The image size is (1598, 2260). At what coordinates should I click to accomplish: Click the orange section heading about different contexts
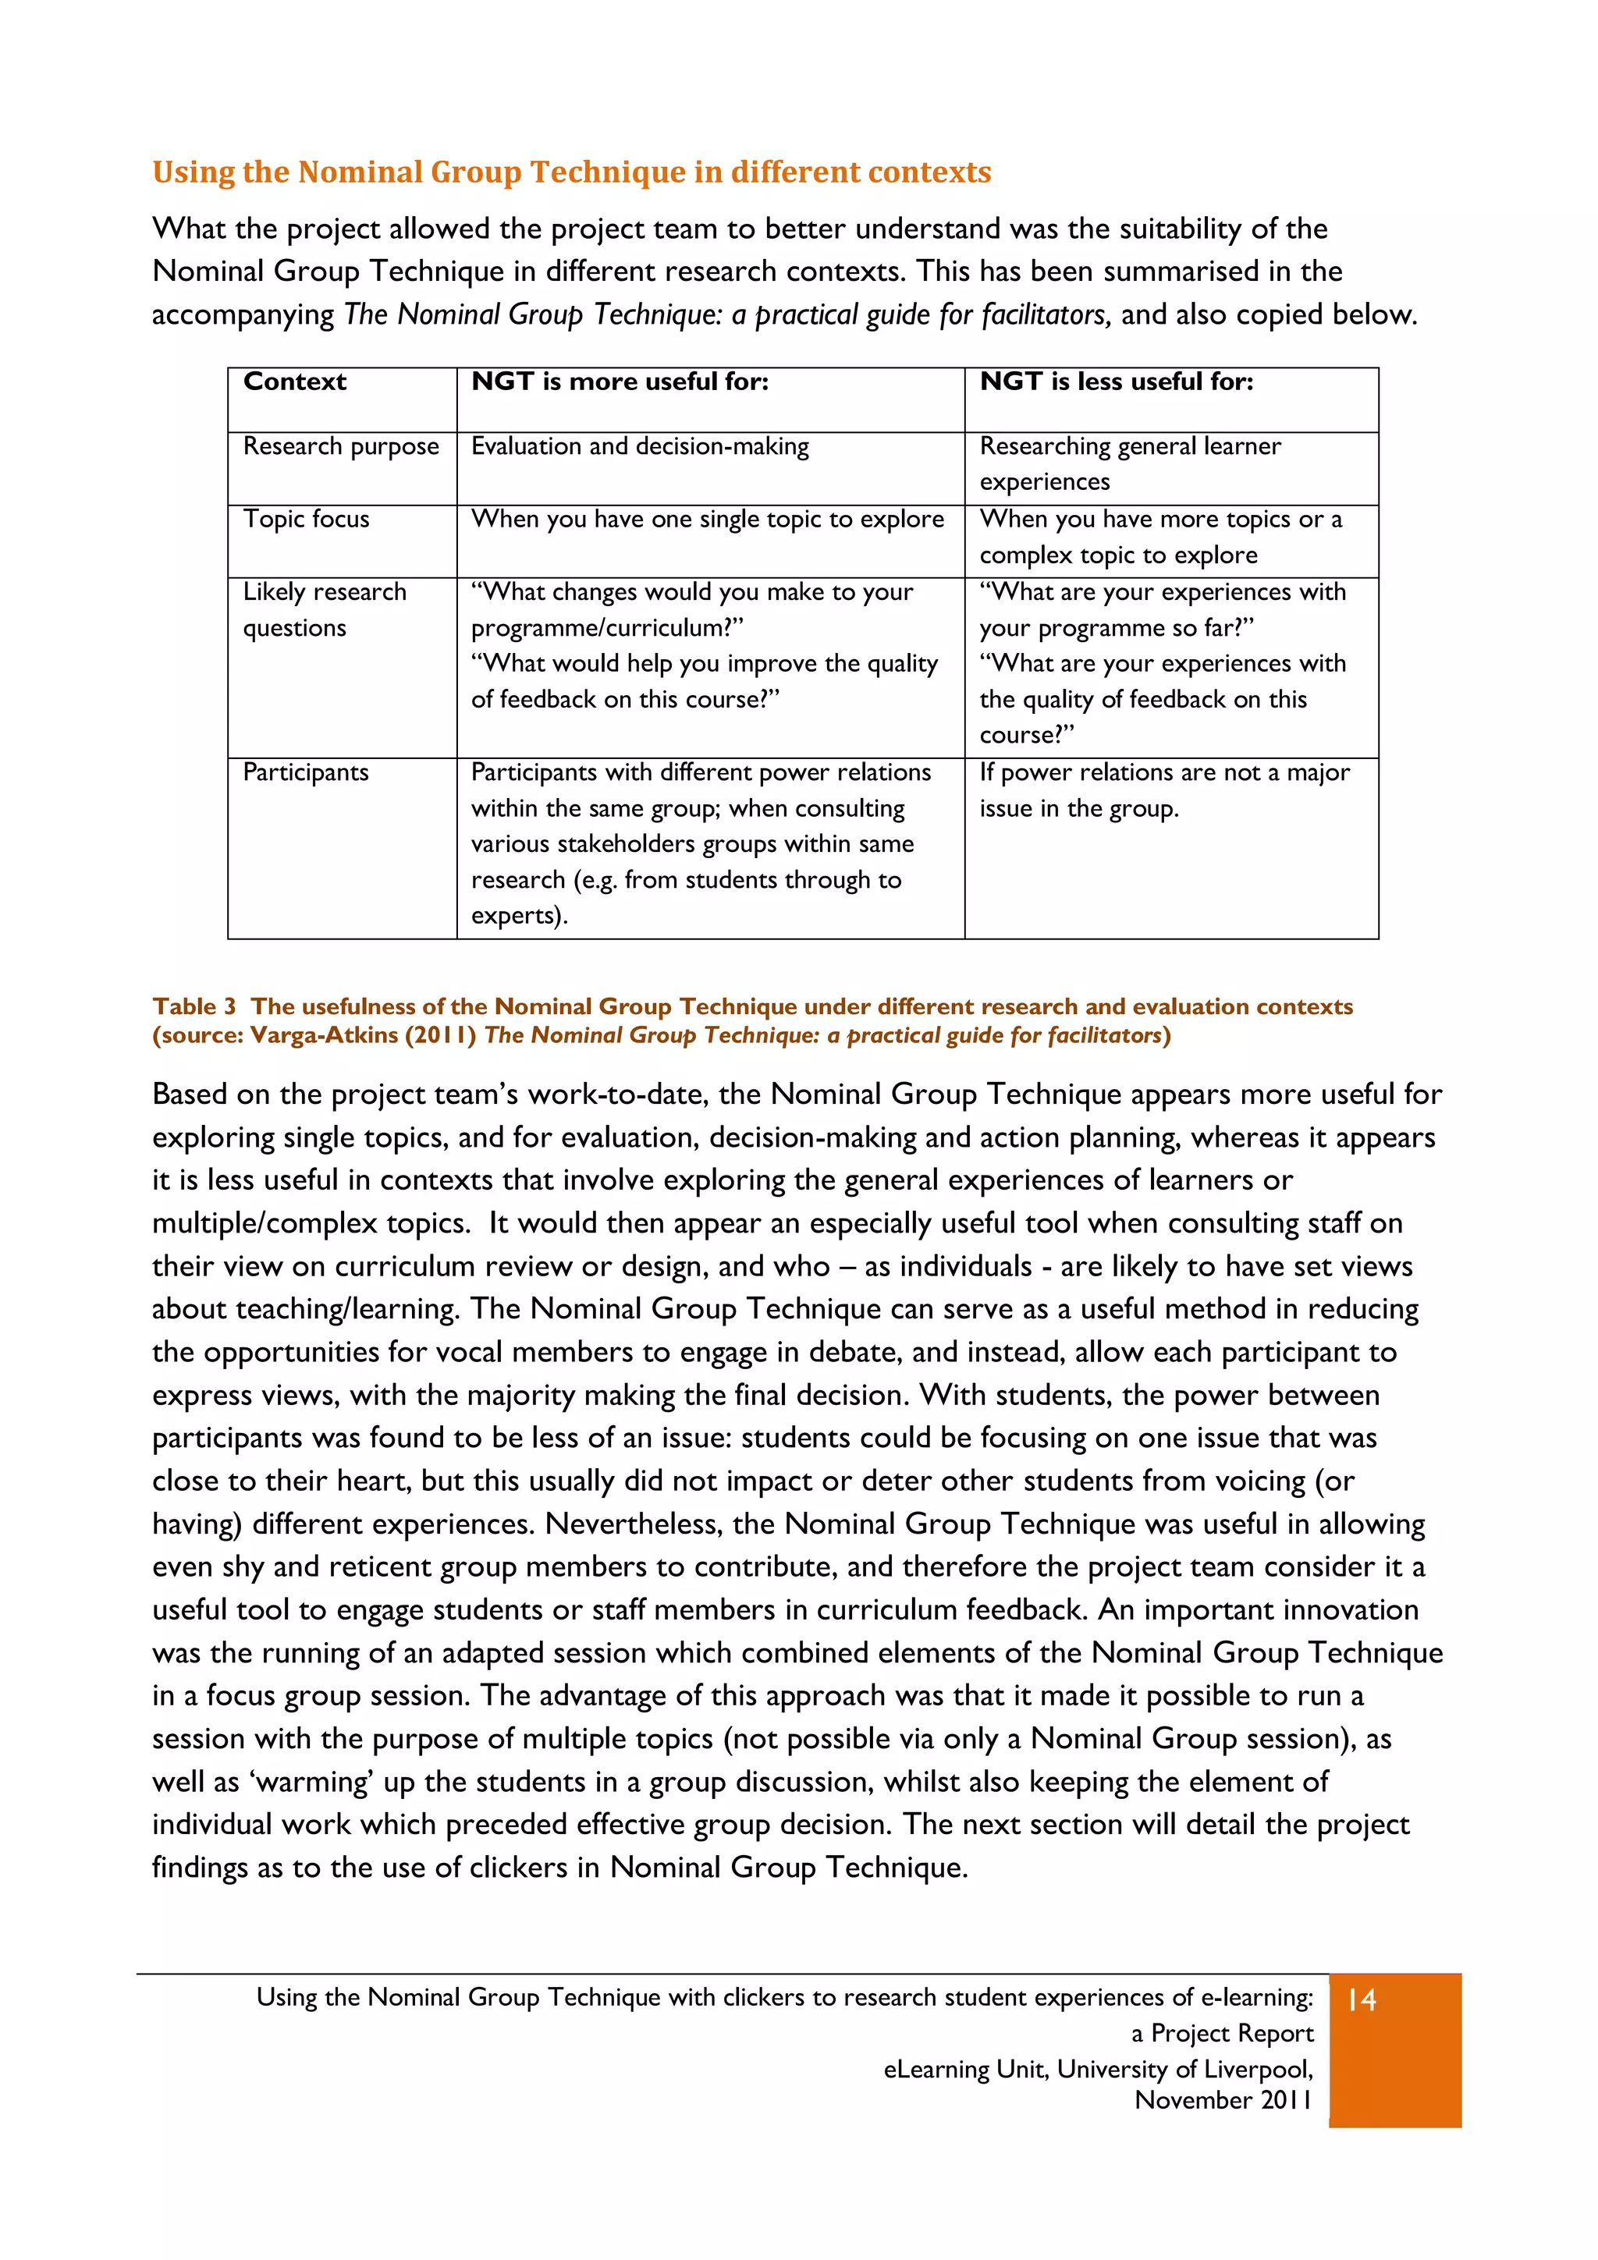(x=571, y=172)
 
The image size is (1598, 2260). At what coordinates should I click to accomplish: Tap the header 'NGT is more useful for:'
(x=620, y=382)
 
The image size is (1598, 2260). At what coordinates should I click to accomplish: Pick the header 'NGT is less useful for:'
(x=1116, y=382)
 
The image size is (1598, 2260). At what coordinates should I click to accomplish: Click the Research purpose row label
(x=341, y=447)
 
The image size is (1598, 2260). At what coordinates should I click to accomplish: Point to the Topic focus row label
(x=306, y=520)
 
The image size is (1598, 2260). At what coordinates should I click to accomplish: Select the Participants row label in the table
(x=305, y=772)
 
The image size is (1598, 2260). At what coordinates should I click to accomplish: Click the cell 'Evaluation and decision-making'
(x=640, y=447)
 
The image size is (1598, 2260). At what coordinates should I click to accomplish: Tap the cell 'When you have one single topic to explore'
(x=707, y=520)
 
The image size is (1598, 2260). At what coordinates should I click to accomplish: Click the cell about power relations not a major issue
(x=1164, y=790)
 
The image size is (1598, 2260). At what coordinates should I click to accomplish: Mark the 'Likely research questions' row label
(x=324, y=609)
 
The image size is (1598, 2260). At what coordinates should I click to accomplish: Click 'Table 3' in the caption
(x=194, y=1007)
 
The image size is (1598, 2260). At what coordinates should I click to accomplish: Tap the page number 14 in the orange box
(x=1362, y=2000)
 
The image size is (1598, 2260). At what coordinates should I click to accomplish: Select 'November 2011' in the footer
(x=1223, y=2101)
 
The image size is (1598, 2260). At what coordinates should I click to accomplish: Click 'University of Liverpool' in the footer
(x=1184, y=2069)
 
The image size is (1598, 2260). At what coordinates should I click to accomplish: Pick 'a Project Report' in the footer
(x=1222, y=2034)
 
